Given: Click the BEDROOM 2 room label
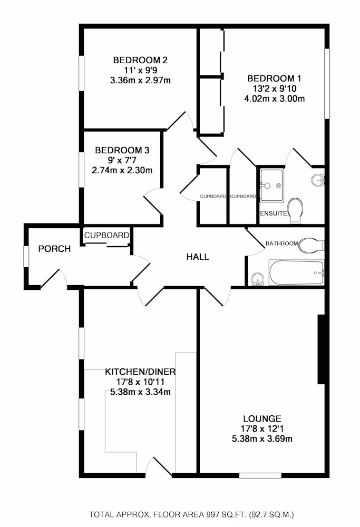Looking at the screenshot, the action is pos(140,60).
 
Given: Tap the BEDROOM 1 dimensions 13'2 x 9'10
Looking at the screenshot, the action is pos(274,89).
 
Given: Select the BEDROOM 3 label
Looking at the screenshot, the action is pos(122,150).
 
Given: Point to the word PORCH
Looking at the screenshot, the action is pos(54,249).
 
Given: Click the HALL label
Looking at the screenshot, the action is pos(198,257).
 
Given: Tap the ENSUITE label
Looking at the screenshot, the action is pos(274,213).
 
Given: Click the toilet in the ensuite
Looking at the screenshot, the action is pos(296,210).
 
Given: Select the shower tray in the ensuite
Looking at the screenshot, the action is pos(271,185).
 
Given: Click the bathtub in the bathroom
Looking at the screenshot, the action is pos(296,272).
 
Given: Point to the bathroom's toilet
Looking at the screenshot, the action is pos(311,245).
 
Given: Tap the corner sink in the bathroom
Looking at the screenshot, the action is pos(257,279).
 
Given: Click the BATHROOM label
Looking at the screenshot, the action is pos(281,243).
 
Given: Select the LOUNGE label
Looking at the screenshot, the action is pos(262,418).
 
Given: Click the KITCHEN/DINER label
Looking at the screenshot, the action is pos(140,372).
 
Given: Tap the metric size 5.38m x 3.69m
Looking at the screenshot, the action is pos(262,438).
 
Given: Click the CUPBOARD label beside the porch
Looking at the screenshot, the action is pos(106,235).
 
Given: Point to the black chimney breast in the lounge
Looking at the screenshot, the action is pos(321,349).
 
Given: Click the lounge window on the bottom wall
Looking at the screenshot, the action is pos(260,475).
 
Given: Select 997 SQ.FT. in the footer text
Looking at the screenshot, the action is pos(227,514).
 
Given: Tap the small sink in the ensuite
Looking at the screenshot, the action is pos(318,180).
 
